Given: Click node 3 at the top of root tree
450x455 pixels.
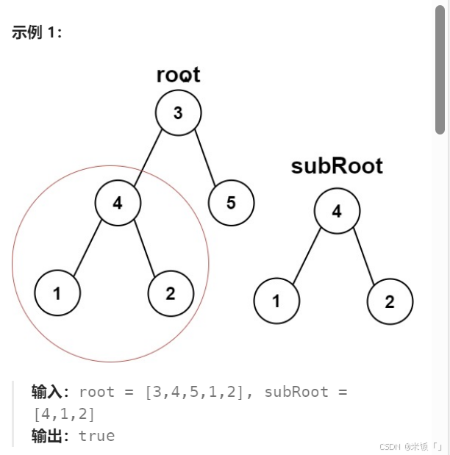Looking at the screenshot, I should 179,112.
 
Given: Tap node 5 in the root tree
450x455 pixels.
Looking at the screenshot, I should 231,202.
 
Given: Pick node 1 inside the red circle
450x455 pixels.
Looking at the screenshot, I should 57,293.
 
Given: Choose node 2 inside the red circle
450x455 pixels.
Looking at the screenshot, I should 171,293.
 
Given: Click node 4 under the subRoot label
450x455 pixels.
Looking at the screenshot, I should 337,212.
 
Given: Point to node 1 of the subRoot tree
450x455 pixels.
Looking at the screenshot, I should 276,301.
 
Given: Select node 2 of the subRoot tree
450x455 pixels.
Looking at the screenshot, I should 390,301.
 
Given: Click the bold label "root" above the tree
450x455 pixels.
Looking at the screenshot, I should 178,75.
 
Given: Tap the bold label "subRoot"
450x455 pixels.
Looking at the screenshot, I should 337,166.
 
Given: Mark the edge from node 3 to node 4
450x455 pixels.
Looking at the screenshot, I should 148,157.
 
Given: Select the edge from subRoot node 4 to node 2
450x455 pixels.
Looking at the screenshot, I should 363,257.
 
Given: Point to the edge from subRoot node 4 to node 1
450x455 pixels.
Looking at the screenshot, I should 307,257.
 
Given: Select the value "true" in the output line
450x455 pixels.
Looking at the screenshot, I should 96,436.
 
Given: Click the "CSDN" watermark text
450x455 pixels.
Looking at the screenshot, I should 390,446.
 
